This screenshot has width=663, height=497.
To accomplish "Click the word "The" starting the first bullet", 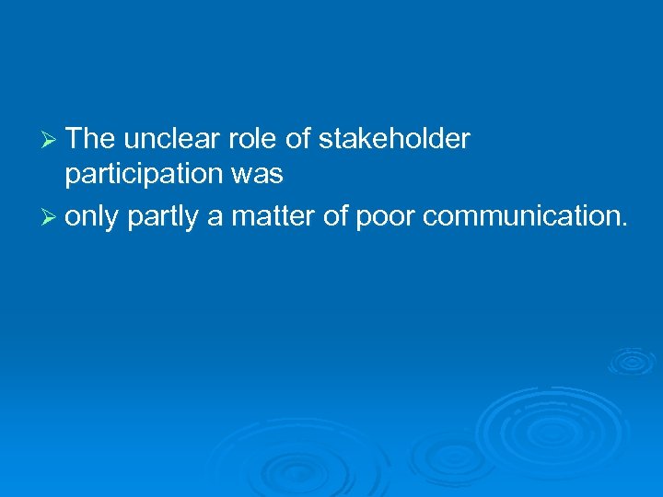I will (x=90, y=139).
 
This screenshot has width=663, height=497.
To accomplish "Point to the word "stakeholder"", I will (x=393, y=139).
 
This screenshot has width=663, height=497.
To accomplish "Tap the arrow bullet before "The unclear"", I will (x=52, y=140).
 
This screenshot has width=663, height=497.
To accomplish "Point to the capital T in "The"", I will (x=75, y=139).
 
